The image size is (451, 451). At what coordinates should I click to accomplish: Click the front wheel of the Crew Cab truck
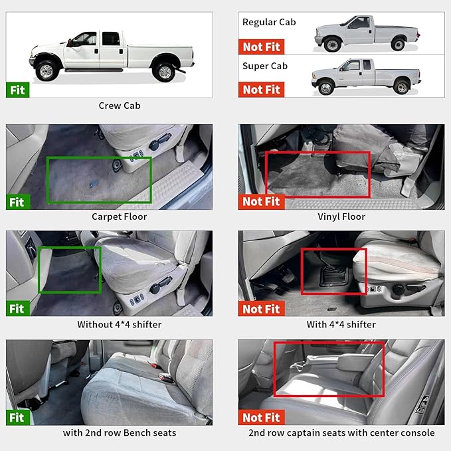pos(46,71)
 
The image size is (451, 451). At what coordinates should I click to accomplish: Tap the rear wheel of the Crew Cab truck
pos(165,72)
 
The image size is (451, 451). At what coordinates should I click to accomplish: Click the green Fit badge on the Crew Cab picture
pos(17,90)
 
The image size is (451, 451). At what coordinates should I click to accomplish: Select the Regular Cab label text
pos(269,22)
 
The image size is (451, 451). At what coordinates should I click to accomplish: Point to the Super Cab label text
pos(265,66)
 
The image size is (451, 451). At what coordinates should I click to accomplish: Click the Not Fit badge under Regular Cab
pos(261,47)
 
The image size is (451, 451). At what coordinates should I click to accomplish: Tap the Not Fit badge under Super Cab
pos(261,90)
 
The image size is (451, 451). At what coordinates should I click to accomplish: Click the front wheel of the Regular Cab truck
pos(332,44)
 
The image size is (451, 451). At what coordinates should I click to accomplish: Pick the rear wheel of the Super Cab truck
pos(402,87)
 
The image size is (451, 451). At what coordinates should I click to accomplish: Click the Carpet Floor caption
pos(120,217)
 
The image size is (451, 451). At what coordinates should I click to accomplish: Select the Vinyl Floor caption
pos(341,217)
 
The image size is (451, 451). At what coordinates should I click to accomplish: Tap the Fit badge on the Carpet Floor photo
pos(18,202)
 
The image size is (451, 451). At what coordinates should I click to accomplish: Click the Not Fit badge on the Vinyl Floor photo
pos(261,202)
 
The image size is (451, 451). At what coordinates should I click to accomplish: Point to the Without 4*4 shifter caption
pos(120,324)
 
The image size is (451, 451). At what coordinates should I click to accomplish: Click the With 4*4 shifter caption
pos(341,324)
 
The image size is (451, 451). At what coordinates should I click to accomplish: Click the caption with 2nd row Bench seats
pos(120,433)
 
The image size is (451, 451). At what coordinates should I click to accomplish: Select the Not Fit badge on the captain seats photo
pos(261,417)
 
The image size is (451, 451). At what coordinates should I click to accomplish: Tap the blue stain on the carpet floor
pos(94,184)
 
